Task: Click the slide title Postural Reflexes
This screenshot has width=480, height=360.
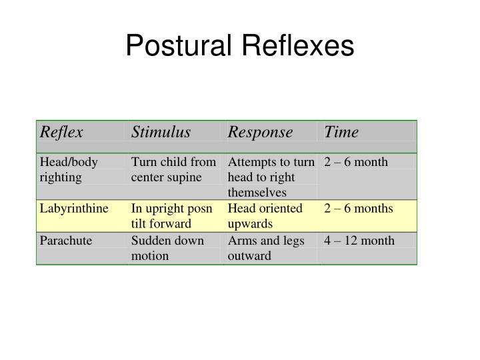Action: (240, 46)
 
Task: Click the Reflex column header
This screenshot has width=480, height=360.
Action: (61, 132)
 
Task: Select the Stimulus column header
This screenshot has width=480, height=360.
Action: (161, 132)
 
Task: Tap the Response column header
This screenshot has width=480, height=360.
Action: (260, 132)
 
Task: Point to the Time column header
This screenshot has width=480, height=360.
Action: (341, 132)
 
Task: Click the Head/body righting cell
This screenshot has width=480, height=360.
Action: (69, 169)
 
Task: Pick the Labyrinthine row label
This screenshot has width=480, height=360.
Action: (73, 209)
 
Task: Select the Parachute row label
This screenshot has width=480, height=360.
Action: (65, 241)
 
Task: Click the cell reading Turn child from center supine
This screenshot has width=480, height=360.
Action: (173, 169)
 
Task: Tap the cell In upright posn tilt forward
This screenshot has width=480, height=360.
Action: (171, 216)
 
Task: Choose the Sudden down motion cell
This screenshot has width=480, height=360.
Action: (167, 248)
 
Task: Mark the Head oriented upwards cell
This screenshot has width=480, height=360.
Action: (265, 216)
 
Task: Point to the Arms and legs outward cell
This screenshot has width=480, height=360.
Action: (265, 248)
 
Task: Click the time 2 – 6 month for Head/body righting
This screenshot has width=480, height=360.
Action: (356, 162)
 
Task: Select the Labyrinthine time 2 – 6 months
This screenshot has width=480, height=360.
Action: (359, 209)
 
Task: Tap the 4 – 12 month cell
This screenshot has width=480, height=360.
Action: (359, 241)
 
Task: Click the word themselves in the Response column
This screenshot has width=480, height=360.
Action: (257, 193)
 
